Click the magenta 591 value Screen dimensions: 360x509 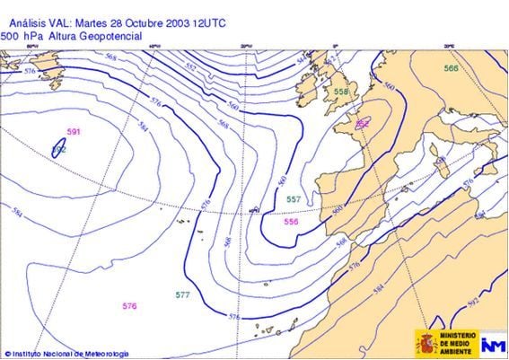(74, 132)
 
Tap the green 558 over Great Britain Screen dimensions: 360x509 (341, 92)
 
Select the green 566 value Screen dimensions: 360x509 (451, 68)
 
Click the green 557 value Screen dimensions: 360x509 (294, 198)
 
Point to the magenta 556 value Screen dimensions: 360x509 (291, 221)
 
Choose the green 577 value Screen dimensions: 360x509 (182, 294)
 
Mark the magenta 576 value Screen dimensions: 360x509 (129, 306)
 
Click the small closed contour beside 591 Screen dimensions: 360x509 (59, 148)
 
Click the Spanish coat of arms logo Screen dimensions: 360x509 (426, 342)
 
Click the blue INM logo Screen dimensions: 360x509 (493, 343)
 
